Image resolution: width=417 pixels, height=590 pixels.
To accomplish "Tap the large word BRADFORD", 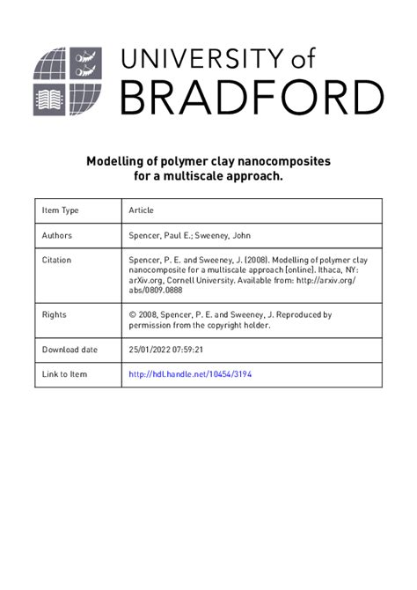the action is [252, 98].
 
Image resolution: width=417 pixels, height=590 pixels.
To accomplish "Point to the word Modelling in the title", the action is [109, 162].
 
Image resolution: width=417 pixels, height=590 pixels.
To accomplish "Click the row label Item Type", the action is [61, 211].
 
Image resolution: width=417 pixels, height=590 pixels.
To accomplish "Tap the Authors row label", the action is [57, 236].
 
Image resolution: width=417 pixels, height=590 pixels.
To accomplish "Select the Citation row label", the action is [57, 261].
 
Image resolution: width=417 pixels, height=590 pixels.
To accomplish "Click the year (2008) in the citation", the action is [249, 261].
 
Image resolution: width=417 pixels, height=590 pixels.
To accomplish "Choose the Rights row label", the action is [55, 314].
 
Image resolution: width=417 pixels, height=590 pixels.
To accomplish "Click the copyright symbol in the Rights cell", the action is [133, 314].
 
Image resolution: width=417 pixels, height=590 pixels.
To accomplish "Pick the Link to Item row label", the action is [65, 374].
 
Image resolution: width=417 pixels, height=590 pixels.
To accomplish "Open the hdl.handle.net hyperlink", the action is [191, 374].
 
